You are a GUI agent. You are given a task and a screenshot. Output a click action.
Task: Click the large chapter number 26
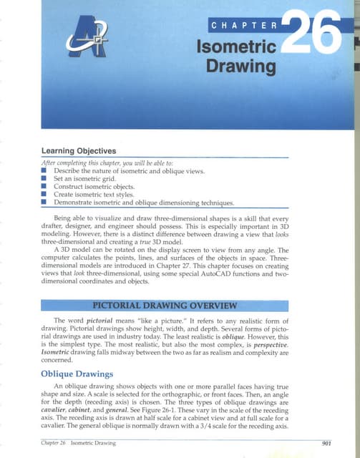[x=313, y=36]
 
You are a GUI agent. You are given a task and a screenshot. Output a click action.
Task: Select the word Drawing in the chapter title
[x=242, y=69]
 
